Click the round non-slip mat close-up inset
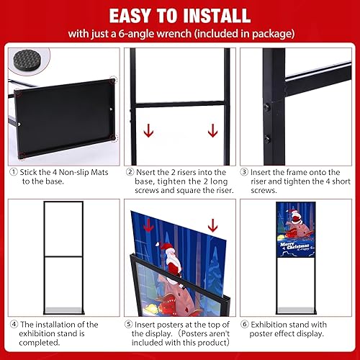(30, 61)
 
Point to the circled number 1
(14, 173)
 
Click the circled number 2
(130, 173)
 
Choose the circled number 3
(246, 173)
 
